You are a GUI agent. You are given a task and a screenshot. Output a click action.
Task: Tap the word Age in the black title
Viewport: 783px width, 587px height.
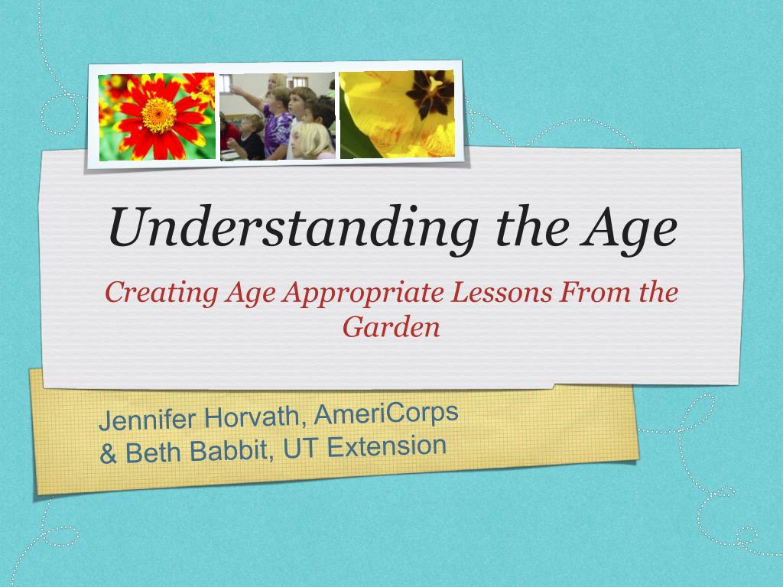pos(629,229)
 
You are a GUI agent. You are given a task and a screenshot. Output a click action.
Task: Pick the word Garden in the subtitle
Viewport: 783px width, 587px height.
pos(391,327)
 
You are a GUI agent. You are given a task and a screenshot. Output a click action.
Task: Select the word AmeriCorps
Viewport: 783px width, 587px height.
pos(386,413)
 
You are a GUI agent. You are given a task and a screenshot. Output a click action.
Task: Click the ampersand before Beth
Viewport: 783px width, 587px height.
pos(108,454)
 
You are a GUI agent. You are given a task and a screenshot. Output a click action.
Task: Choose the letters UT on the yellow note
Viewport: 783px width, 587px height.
pos(300,448)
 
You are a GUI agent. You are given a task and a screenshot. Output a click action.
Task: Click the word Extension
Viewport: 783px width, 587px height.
pos(386,446)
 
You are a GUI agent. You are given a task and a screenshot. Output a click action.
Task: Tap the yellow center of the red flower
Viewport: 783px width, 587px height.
pos(158,115)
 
